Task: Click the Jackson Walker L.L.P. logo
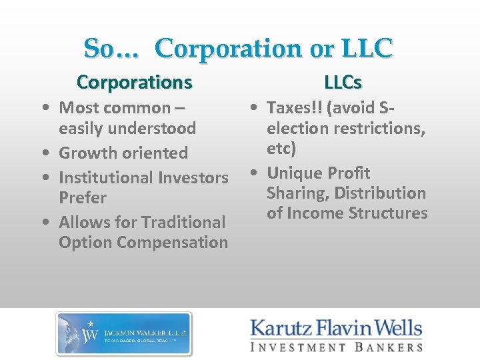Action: tap(124, 333)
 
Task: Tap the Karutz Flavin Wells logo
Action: tap(336, 335)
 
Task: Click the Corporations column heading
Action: tap(135, 82)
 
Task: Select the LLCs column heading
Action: tap(343, 82)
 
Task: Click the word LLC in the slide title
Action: tap(365, 48)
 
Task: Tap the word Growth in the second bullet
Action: tap(84, 153)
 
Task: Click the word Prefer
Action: tap(83, 197)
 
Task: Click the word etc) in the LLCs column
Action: tap(281, 147)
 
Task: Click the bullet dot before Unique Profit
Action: tap(255, 173)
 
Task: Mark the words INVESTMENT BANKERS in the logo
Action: tap(336, 347)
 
